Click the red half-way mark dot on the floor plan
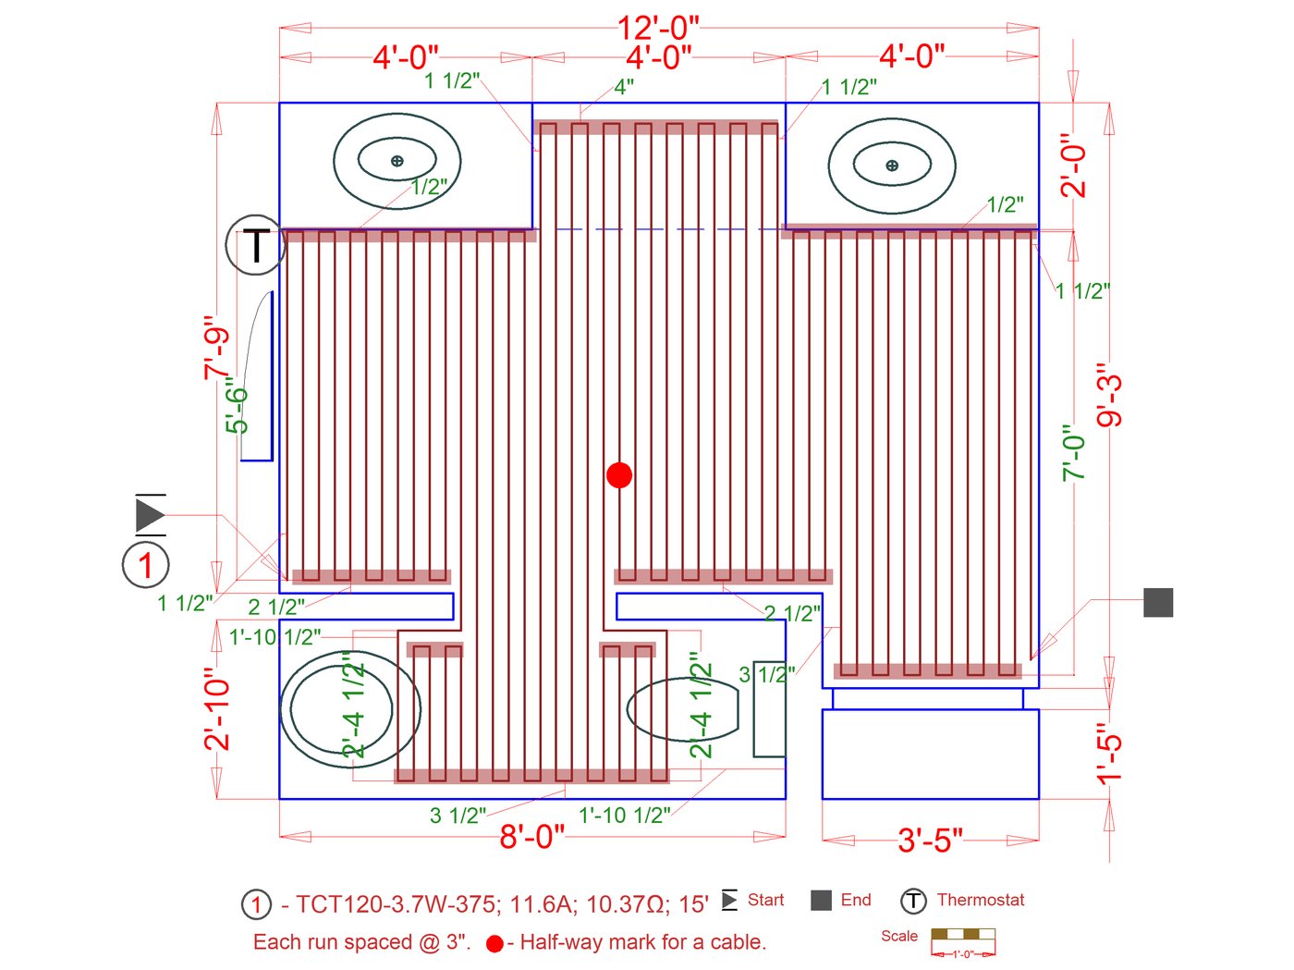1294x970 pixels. [619, 475]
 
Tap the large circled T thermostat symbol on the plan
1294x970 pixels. [254, 245]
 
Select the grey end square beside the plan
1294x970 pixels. [1158, 602]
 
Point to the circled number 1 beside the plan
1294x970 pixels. [146, 565]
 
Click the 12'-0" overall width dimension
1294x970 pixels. [658, 28]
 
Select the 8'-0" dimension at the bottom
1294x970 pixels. [531, 837]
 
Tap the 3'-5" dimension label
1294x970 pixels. [930, 841]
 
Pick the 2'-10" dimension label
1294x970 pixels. [216, 709]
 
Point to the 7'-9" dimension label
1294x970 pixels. [216, 348]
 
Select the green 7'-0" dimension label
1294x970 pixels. [1073, 453]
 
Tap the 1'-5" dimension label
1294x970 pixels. [1109, 754]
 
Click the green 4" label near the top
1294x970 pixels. [624, 87]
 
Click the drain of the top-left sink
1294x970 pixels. [397, 161]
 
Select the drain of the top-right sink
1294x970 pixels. [892, 166]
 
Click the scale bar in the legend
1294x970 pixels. [963, 939]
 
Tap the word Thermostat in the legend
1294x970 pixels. [981, 900]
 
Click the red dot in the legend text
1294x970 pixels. [494, 944]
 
